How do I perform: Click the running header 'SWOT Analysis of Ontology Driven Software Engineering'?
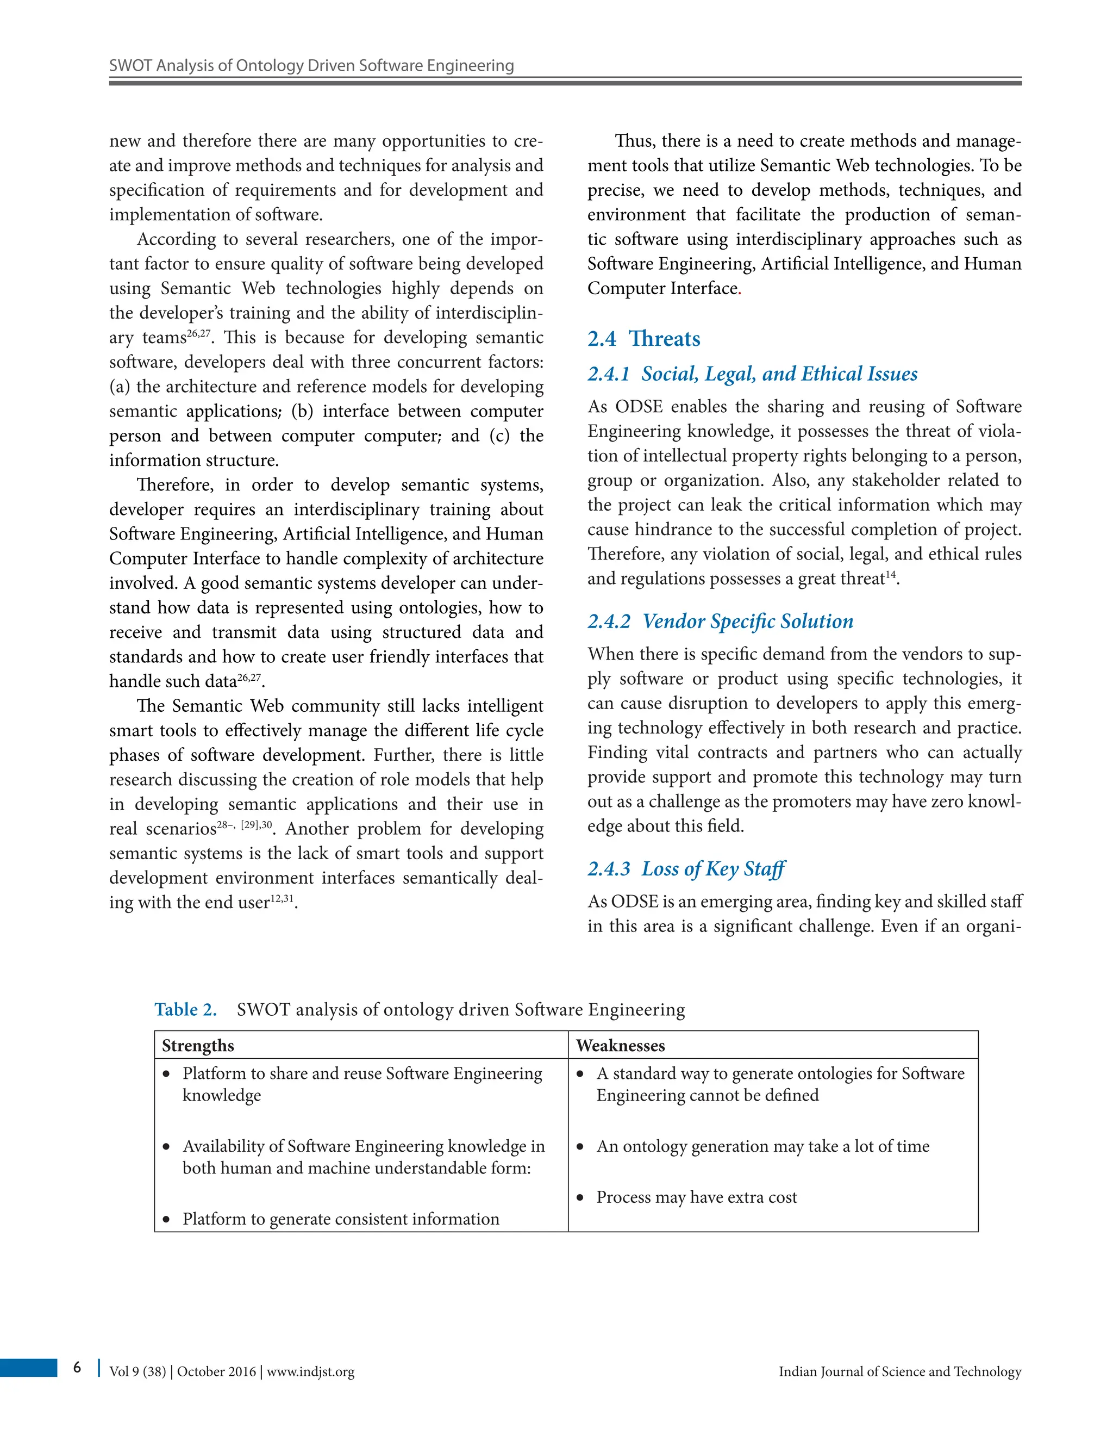[x=311, y=65]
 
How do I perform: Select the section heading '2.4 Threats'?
[x=643, y=338]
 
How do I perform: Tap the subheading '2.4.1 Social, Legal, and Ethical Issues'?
[x=752, y=374]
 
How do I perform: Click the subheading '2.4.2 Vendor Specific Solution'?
[x=720, y=622]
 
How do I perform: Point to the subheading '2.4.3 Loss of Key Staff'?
[x=686, y=869]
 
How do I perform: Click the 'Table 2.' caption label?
[x=185, y=1009]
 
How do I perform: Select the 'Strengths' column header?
[x=198, y=1046]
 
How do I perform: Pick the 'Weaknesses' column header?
[x=620, y=1046]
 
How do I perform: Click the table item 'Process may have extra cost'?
[x=696, y=1197]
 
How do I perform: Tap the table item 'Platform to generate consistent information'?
[x=340, y=1219]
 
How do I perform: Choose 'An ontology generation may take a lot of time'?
[x=762, y=1146]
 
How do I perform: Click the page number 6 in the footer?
[x=77, y=1367]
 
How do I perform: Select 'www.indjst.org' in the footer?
[x=310, y=1372]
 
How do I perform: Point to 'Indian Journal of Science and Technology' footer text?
[x=899, y=1372]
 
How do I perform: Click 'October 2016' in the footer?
[x=216, y=1372]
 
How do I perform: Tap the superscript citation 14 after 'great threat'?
[x=891, y=575]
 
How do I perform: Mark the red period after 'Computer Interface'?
[x=740, y=290]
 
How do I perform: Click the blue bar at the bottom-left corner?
[x=28, y=1367]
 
